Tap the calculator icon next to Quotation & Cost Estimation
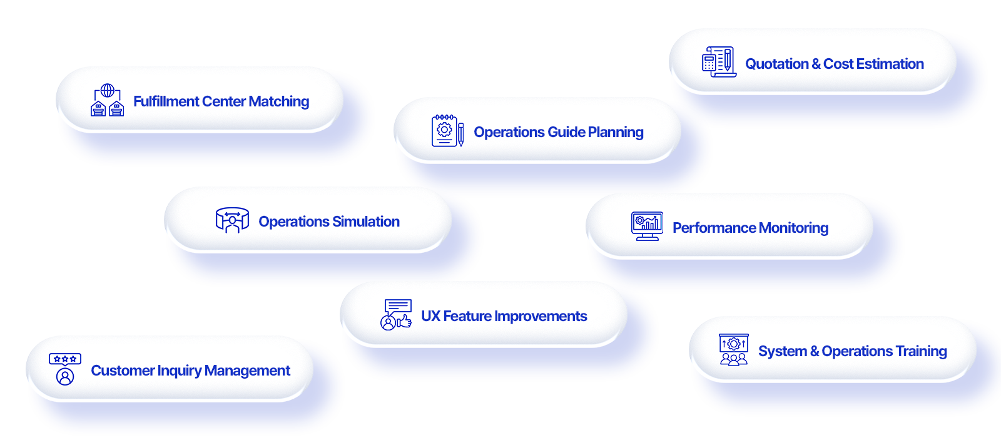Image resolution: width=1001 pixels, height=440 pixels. tap(718, 62)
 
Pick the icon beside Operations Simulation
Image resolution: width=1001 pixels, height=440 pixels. tap(232, 220)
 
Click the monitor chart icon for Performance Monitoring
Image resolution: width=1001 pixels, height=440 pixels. tap(647, 226)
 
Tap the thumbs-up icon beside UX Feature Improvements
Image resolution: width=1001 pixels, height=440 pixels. tap(396, 315)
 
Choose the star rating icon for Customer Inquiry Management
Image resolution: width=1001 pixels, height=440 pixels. tap(65, 369)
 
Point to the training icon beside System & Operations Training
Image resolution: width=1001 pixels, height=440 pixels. tap(734, 350)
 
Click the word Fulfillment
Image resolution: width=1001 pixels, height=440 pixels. tap(158, 101)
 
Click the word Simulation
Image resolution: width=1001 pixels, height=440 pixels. tap(366, 222)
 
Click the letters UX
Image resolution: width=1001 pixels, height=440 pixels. tap(430, 316)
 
